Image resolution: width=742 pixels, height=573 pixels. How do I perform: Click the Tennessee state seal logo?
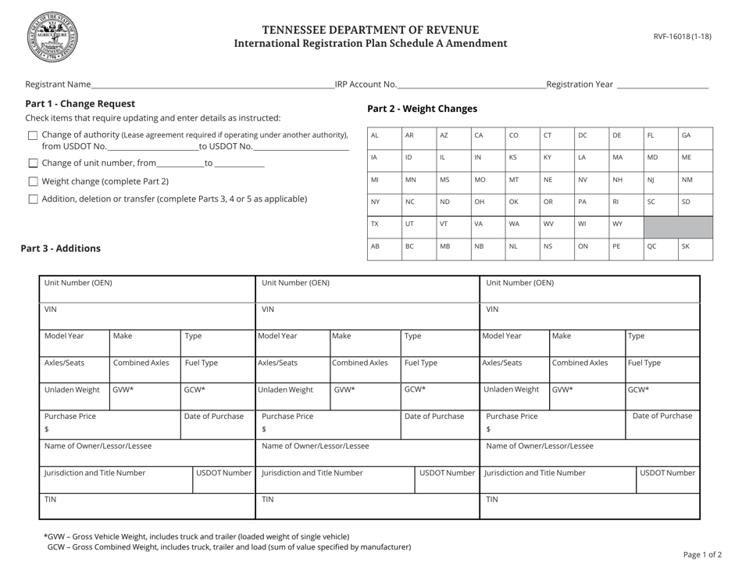[x=52, y=37]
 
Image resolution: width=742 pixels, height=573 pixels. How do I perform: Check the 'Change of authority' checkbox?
[x=32, y=135]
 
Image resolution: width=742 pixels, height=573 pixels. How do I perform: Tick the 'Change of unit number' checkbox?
[x=32, y=163]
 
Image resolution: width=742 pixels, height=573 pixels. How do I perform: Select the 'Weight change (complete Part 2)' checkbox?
[x=32, y=181]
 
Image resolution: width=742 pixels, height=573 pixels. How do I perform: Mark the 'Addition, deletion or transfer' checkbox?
[x=32, y=199]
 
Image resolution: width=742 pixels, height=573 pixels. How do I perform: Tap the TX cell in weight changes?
[x=383, y=227]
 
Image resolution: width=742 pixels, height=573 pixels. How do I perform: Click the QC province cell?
[x=660, y=249]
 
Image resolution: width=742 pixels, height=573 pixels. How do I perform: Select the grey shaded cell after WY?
[x=677, y=227]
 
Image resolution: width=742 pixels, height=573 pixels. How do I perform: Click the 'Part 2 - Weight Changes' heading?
[x=422, y=109]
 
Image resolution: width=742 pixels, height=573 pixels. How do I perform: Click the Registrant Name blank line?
[x=212, y=84]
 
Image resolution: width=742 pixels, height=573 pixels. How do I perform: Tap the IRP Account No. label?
[x=366, y=84]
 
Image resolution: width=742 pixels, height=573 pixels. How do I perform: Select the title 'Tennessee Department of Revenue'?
[x=370, y=30]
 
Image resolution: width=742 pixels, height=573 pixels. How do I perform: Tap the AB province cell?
[x=383, y=249]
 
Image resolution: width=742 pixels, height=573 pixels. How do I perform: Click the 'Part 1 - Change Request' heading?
[x=80, y=103]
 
